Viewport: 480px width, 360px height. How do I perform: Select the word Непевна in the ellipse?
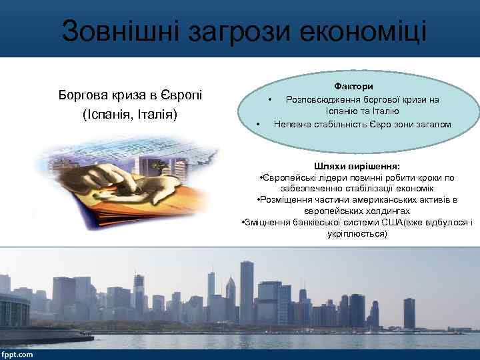click(290, 124)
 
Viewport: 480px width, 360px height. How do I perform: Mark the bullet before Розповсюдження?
click(270, 99)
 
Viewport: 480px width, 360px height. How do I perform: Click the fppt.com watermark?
click(17, 354)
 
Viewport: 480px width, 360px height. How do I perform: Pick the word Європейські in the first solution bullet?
click(287, 177)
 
